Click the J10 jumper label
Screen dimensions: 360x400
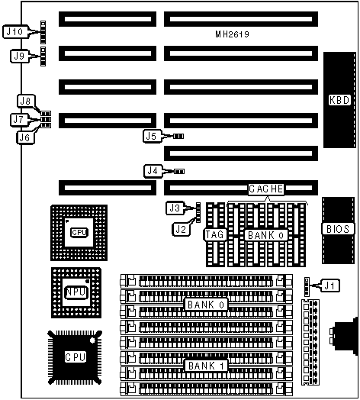tap(15, 31)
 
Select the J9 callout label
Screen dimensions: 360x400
tap(19, 56)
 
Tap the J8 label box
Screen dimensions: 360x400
tap(26, 101)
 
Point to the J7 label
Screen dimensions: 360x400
tap(19, 119)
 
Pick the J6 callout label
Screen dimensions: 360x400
tap(25, 137)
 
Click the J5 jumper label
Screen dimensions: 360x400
tap(152, 136)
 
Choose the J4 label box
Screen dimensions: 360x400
tap(153, 171)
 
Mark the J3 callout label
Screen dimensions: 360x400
tap(175, 208)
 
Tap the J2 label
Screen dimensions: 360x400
tap(181, 229)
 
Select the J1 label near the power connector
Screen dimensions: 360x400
tap(330, 285)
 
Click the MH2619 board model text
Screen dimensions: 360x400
tap(232, 34)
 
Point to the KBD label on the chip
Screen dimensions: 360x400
tap(339, 100)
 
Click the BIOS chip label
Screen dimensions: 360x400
tap(338, 229)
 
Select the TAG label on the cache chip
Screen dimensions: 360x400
tap(214, 234)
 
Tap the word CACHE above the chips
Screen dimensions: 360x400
tap(266, 189)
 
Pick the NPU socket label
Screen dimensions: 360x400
tap(76, 292)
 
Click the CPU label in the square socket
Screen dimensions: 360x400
tap(79, 232)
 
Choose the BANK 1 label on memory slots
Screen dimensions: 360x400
tap(205, 366)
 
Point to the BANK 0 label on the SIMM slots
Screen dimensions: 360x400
tap(205, 305)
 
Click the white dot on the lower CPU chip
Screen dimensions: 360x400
tap(92, 340)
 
